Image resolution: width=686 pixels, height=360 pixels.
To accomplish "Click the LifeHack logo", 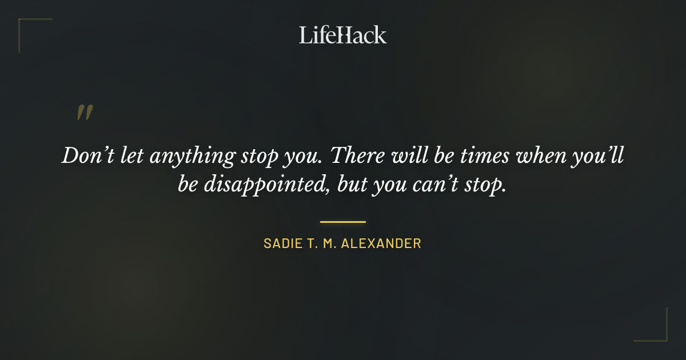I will tap(342, 35).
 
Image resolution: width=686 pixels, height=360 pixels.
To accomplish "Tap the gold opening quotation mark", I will tap(85, 113).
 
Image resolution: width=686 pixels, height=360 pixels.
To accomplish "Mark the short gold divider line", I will tap(342, 222).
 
